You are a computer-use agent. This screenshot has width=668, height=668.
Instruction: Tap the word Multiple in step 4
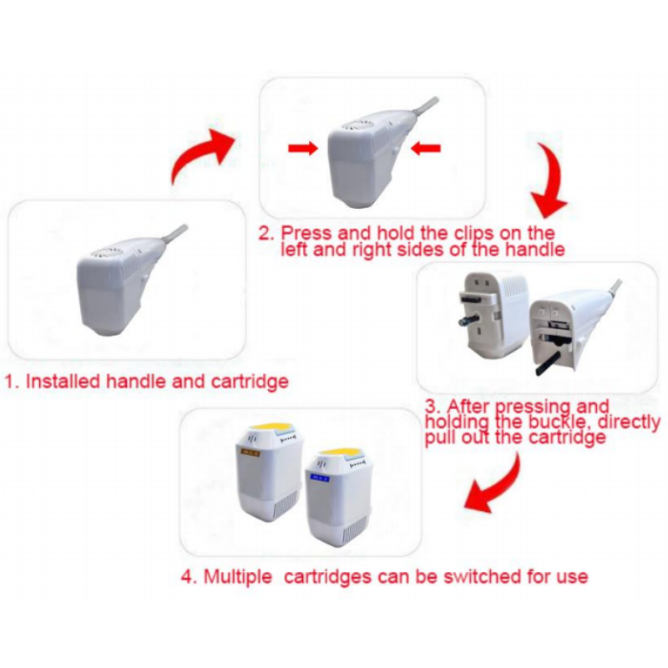tap(238, 577)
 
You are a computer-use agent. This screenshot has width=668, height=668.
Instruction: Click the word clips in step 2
tap(473, 234)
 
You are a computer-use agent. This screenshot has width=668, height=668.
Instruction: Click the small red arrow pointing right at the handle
tap(303, 148)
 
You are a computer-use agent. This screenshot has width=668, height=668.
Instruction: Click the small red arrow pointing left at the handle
tap(425, 148)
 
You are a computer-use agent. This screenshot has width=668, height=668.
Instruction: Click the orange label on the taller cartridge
tap(250, 453)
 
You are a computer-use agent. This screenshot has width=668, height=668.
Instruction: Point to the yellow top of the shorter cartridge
tap(340, 453)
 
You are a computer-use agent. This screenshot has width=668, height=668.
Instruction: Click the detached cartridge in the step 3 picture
tap(494, 316)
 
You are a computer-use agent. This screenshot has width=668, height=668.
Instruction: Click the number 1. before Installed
tap(12, 382)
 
